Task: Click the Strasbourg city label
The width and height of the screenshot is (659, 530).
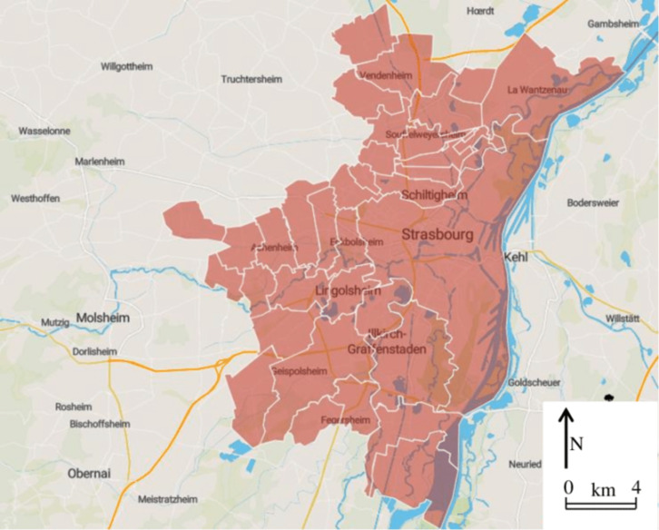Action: point(438,235)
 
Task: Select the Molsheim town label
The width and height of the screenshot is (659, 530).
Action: point(102,319)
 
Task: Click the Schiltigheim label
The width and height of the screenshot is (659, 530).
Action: point(433,195)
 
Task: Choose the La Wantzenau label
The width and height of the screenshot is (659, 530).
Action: point(536,89)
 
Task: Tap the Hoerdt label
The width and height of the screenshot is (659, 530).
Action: point(479,11)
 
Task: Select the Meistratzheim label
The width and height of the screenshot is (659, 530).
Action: point(167,499)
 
